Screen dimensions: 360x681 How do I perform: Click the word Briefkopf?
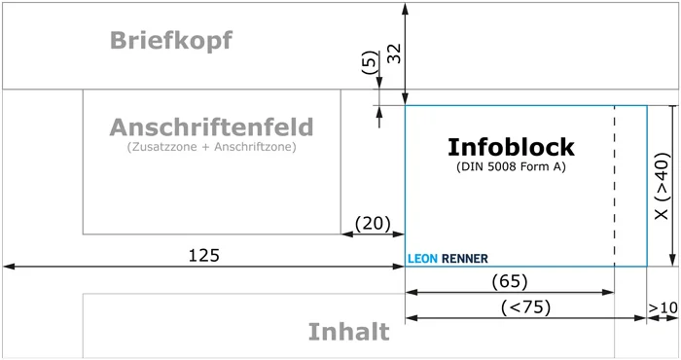point(171,41)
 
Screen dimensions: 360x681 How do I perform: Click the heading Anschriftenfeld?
point(211,127)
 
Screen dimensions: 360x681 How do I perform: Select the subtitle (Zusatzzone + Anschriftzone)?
point(211,148)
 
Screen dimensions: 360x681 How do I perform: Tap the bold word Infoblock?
point(511,147)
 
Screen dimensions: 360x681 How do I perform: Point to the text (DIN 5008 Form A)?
point(511,167)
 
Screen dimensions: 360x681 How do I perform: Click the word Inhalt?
point(348,332)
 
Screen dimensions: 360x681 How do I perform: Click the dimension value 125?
point(203,256)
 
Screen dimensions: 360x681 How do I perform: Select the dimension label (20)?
point(372,224)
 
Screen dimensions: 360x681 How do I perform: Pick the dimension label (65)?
point(510,281)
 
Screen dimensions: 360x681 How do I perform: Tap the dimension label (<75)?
point(525,307)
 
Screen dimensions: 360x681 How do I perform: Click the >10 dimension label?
point(663,308)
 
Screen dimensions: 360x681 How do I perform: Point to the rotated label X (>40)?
point(662,186)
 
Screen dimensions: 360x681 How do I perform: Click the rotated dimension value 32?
point(394,54)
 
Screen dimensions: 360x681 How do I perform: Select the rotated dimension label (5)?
point(367,64)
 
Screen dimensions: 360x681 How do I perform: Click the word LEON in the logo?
point(421,259)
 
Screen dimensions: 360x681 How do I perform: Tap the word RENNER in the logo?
point(465,259)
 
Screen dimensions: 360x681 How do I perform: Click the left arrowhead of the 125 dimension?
point(8,265)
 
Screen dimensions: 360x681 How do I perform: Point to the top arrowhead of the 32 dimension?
point(405,7)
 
